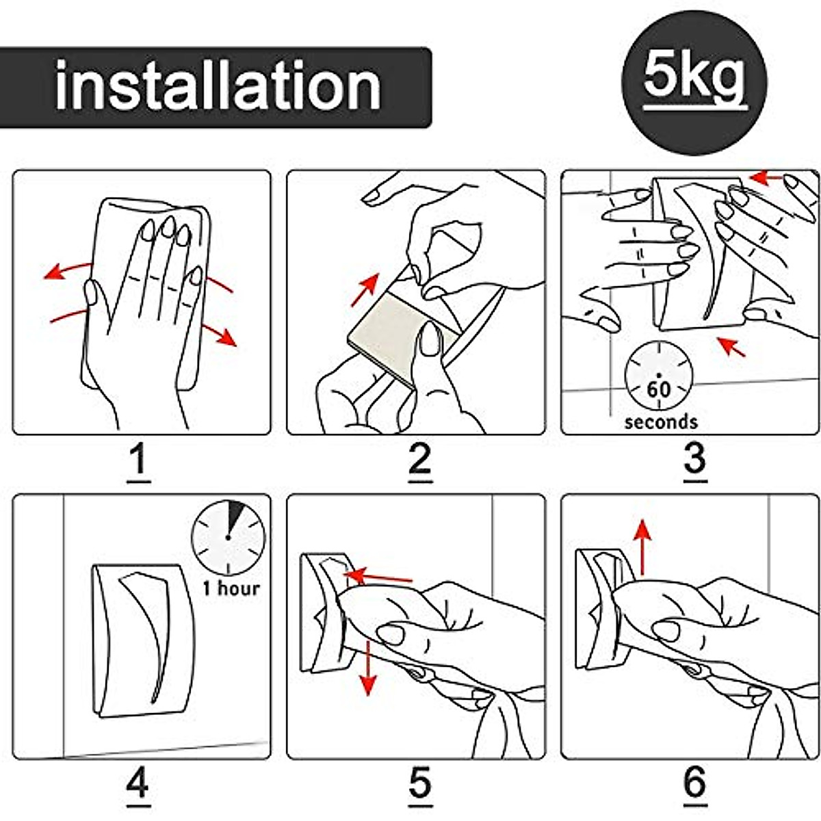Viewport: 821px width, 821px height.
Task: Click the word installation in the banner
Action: point(218,86)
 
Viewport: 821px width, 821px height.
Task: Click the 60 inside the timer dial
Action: point(659,389)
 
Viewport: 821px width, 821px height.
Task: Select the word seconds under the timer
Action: point(661,422)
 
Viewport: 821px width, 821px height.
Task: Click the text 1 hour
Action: point(231,588)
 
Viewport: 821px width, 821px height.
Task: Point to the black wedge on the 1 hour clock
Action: point(235,516)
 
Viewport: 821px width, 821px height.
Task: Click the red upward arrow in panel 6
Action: point(643,548)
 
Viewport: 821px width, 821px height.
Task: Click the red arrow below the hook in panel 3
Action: point(731,346)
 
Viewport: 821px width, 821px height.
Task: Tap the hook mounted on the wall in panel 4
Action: point(143,641)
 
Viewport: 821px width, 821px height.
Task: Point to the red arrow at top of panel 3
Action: point(767,178)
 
